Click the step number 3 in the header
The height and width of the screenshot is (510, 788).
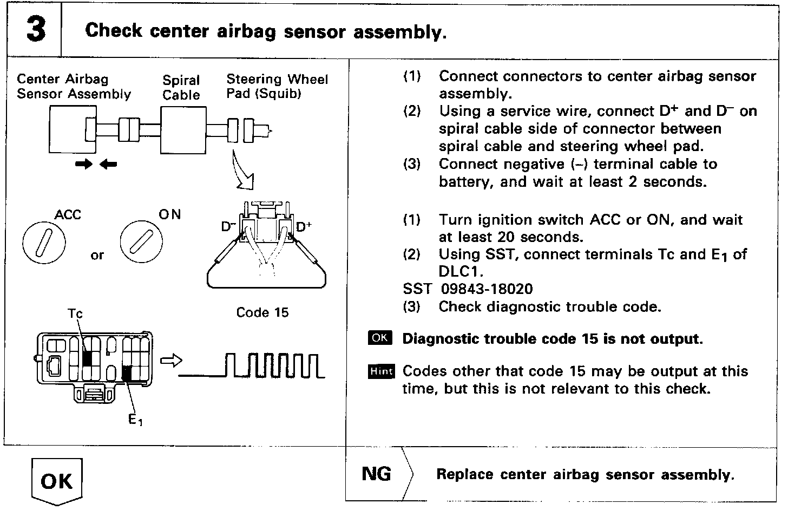(36, 29)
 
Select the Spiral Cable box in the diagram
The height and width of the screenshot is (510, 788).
(183, 130)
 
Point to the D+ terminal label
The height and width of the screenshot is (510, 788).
(304, 227)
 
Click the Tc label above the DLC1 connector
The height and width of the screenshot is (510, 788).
(75, 313)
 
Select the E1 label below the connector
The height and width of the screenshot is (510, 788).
(136, 420)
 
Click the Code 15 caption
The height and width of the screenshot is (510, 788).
(262, 312)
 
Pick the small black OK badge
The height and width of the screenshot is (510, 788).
(380, 338)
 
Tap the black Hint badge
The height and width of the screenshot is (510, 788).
(381, 371)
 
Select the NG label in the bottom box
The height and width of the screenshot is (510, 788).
(376, 474)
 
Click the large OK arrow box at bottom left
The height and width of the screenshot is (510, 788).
(56, 481)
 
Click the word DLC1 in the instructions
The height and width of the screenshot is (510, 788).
(461, 271)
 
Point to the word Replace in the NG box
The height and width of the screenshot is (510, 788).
(465, 475)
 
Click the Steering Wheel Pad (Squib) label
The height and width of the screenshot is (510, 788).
(277, 86)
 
